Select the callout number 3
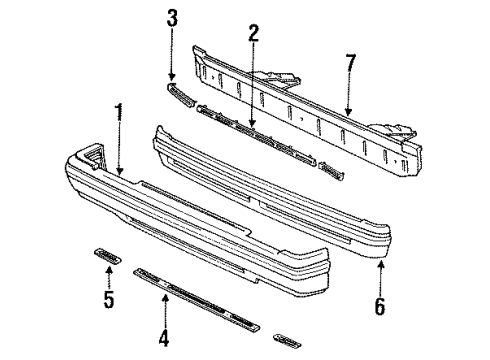pyautogui.click(x=172, y=17)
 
